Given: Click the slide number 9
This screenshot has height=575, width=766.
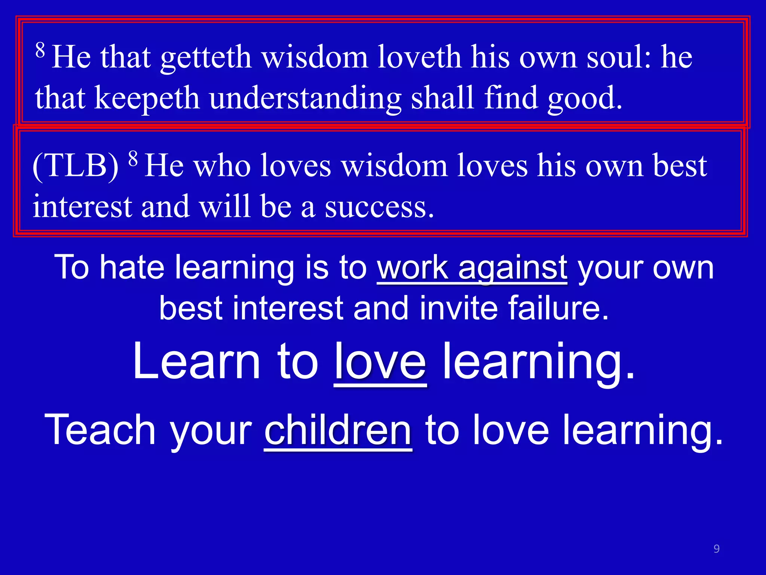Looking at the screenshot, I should click(x=716, y=548).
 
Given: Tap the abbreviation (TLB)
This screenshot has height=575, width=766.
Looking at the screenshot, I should click(x=76, y=166).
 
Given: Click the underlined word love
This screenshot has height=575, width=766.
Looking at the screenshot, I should click(x=380, y=362).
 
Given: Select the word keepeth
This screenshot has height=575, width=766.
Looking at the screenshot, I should click(x=147, y=98).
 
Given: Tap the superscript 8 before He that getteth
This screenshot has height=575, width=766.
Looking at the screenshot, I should click(x=40, y=49).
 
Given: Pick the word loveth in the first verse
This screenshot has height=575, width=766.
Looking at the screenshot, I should click(x=419, y=57).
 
